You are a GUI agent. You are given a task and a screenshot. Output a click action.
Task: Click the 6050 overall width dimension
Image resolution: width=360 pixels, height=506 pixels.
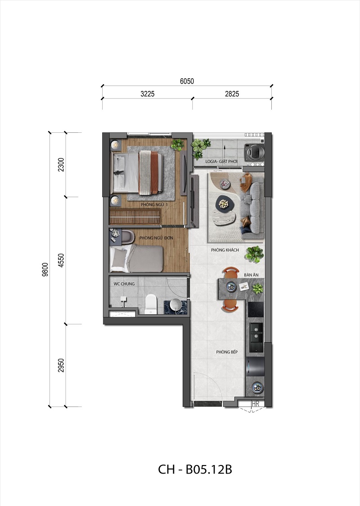187,81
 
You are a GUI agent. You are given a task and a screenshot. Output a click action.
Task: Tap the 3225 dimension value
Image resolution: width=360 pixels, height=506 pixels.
148,94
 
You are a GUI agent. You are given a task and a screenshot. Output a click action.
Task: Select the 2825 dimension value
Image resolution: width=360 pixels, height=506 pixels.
232,94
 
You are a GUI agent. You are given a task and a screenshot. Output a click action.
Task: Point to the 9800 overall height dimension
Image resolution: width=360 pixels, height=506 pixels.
45,270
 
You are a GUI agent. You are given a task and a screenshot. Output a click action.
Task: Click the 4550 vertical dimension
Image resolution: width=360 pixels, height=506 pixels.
61,260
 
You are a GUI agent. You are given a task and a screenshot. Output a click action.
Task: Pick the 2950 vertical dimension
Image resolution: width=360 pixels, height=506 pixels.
61,365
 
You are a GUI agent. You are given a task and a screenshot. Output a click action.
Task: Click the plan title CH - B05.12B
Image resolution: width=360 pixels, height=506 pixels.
195,469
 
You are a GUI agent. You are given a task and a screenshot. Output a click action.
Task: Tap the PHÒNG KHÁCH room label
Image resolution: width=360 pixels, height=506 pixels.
225,250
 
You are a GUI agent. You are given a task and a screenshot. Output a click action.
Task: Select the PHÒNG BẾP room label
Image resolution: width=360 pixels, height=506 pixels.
227,352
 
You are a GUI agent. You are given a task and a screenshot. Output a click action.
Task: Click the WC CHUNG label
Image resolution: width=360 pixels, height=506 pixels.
124,284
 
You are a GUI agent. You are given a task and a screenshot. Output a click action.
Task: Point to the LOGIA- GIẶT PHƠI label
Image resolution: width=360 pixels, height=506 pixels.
221,161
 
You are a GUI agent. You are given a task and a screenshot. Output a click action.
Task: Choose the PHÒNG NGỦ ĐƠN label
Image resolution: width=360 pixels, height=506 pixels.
156,238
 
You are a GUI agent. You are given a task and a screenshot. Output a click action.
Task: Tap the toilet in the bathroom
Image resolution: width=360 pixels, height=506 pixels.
151,304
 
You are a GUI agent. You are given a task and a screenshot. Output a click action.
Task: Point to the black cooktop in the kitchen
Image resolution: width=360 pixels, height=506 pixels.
256,309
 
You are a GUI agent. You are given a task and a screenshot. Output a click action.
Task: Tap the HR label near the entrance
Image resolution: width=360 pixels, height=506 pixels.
256,404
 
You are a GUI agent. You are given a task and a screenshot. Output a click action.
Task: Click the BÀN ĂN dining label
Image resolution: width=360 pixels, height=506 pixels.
251,275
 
